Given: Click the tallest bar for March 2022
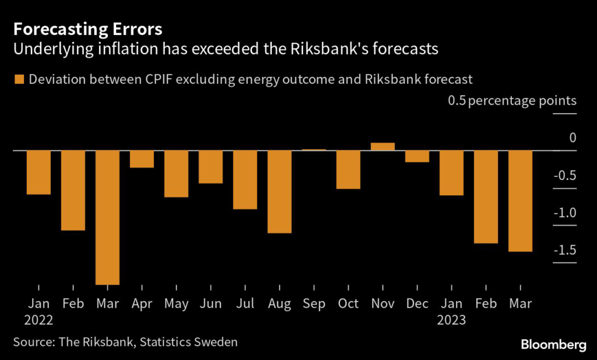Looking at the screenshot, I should [107, 217].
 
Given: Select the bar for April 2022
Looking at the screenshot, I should [142, 159].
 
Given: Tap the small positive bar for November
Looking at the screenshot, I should [382, 147].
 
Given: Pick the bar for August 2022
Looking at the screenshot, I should [279, 192].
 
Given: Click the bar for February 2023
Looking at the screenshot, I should [486, 197].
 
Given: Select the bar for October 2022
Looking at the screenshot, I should [348, 170].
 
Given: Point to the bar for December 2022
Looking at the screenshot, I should [417, 156].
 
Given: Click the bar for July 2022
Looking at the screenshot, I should [245, 179].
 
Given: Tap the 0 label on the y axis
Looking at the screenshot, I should [573, 138].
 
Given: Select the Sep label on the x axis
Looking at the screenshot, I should [314, 303].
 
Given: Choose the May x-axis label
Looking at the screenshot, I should [176, 303].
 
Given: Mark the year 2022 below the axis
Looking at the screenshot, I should [39, 320].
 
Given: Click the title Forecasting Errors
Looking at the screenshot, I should [88, 29].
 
